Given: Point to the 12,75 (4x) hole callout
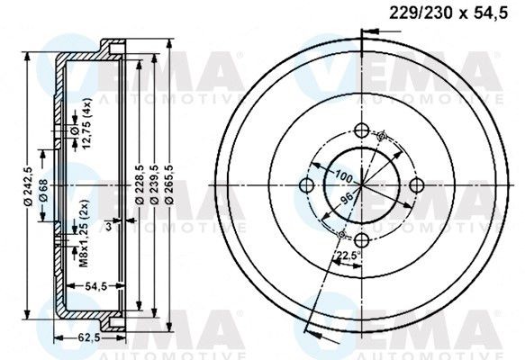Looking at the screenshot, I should click(x=86, y=128).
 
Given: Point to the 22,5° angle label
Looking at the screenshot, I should click(x=343, y=256).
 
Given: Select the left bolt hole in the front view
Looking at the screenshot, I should click(x=305, y=185).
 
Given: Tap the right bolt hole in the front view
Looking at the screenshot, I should click(x=416, y=184).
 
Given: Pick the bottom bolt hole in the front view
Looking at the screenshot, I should click(x=361, y=240).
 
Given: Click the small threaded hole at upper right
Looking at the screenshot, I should click(x=382, y=137).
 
